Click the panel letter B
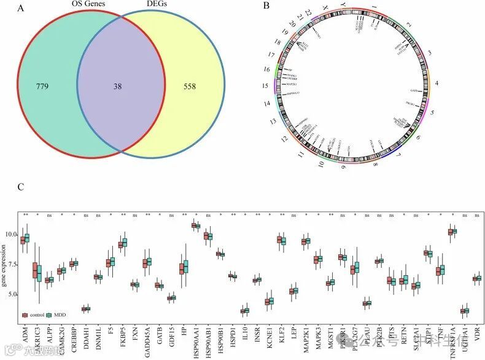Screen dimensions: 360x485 (266, 6)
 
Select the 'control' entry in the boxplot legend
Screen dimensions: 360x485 (37, 315)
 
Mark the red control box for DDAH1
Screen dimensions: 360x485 (84, 308)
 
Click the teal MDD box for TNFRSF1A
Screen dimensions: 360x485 (455, 231)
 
